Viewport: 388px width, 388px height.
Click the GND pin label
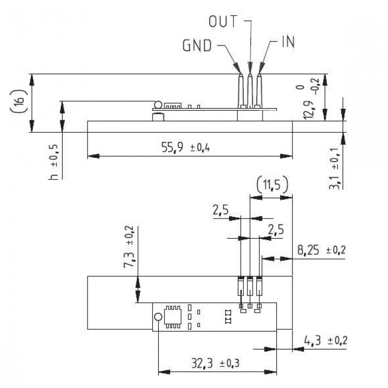(196, 46)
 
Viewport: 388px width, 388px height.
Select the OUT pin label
(224, 22)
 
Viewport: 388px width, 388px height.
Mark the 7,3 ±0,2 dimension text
(130, 253)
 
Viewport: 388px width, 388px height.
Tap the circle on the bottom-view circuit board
(158, 317)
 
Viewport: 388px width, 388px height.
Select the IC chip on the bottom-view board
(173, 317)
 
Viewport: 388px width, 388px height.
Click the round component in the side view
(158, 105)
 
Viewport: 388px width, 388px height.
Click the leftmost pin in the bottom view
(241, 287)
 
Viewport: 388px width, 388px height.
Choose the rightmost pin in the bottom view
(260, 287)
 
